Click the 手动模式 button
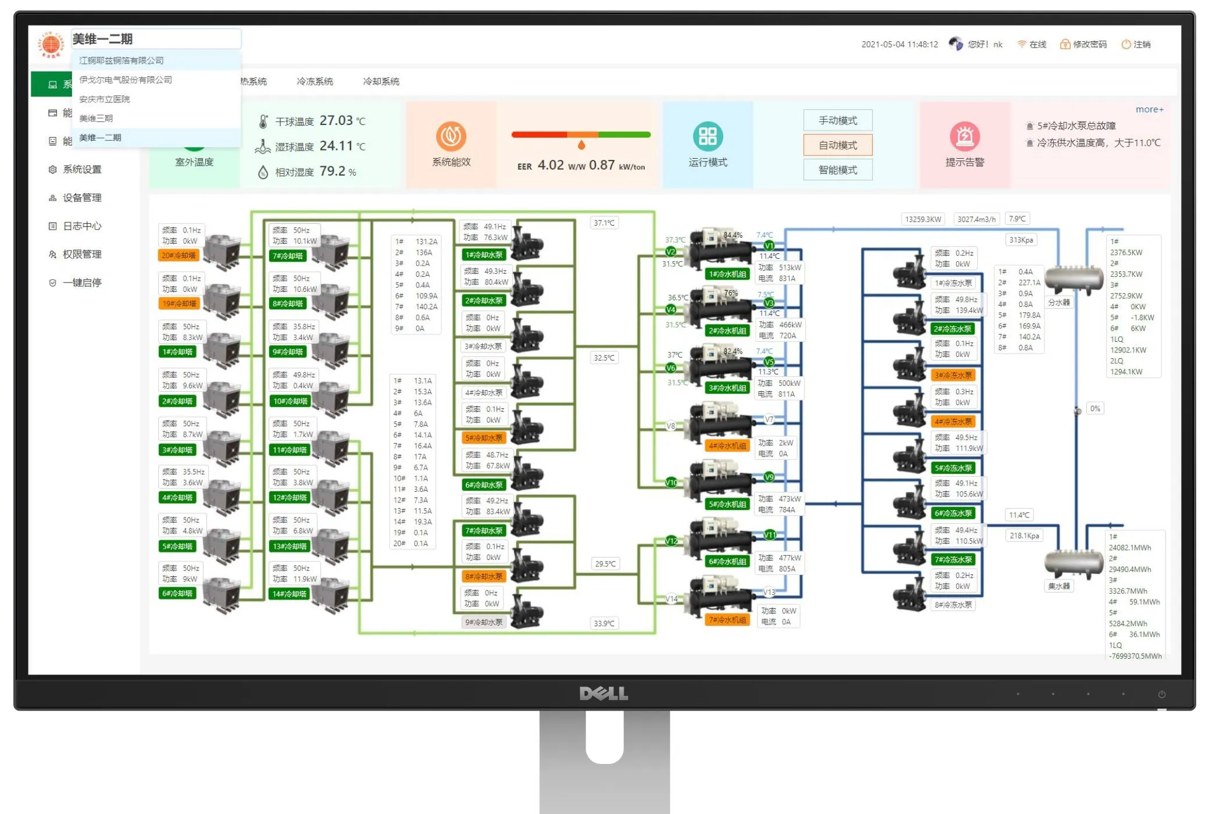[x=837, y=120]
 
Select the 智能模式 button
[x=837, y=170]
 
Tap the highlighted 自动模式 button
[x=837, y=145]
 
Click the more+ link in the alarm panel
[x=1149, y=109]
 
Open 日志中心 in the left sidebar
[x=81, y=226]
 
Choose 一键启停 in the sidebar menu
[x=81, y=283]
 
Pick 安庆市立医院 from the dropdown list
[x=105, y=99]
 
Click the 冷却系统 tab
[x=381, y=81]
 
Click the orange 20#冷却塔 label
[x=179, y=255]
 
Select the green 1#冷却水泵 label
[x=484, y=255]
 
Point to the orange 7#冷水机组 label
[x=727, y=620]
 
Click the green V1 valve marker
[x=769, y=246]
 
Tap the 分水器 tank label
[x=1058, y=302]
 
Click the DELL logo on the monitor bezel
[x=604, y=693]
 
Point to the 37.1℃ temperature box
[x=604, y=223]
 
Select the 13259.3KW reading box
[x=923, y=219]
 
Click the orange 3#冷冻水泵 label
[x=953, y=375]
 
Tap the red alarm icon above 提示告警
[x=965, y=136]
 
